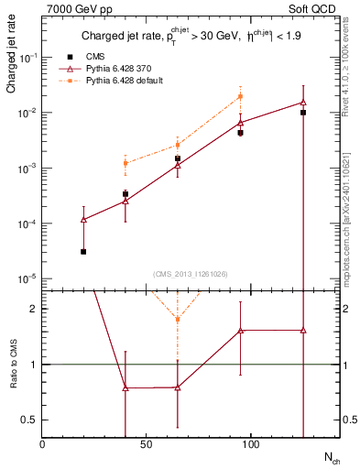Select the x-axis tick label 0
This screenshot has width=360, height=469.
pyautogui.click(x=42, y=444)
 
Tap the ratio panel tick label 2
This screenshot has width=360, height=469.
pyautogui.click(x=33, y=309)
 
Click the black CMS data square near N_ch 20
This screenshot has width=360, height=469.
pyautogui.click(x=83, y=251)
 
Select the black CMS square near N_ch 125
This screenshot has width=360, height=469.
pyautogui.click(x=303, y=113)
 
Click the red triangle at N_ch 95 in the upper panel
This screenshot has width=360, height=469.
pyautogui.click(x=240, y=123)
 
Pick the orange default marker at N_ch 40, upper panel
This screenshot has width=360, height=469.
pyautogui.click(x=125, y=163)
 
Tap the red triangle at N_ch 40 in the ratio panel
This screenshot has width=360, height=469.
pyautogui.click(x=125, y=387)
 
